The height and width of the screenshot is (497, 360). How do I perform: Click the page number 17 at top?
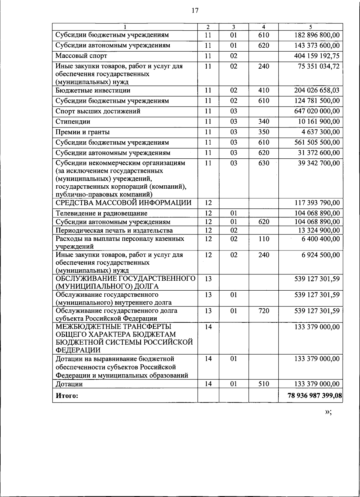[195, 11]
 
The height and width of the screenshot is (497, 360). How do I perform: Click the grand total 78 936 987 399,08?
[314, 396]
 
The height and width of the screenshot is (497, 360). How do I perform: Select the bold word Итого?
[67, 396]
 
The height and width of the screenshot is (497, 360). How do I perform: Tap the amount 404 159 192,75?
[317, 56]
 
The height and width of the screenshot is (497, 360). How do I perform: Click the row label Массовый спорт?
[81, 56]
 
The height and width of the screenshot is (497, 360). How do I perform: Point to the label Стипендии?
[73, 122]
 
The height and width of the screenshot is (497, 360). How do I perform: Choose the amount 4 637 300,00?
[320, 132]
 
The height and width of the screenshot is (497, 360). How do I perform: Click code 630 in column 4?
[264, 163]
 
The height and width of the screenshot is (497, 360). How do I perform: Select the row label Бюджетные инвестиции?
[93, 91]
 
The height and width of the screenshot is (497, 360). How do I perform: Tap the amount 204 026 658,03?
[317, 91]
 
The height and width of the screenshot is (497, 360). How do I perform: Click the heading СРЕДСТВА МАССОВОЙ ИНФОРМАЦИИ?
[123, 203]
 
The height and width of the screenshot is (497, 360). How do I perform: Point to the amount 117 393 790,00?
[317, 203]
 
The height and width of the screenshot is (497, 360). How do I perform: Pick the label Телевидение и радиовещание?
[101, 214]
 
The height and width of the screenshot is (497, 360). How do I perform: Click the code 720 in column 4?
[264, 311]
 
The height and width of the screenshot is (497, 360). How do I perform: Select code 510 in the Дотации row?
[264, 384]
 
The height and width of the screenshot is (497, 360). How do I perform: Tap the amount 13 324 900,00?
[319, 230]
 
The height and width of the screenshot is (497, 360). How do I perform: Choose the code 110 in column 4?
[264, 239]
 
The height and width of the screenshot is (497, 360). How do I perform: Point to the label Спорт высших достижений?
[98, 111]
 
